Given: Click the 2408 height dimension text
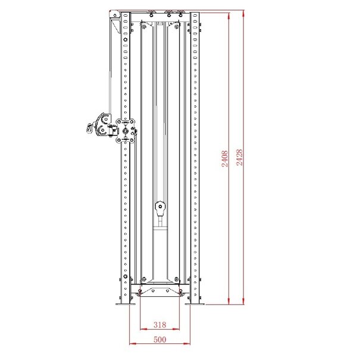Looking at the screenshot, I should click(x=225, y=158).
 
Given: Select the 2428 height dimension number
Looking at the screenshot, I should click(x=239, y=158).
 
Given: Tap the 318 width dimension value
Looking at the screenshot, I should click(x=159, y=325).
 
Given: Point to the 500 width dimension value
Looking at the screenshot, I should click(x=159, y=340).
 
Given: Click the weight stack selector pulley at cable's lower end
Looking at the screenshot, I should click(x=159, y=208).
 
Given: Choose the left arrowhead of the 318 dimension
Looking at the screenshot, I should click(x=142, y=329).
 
